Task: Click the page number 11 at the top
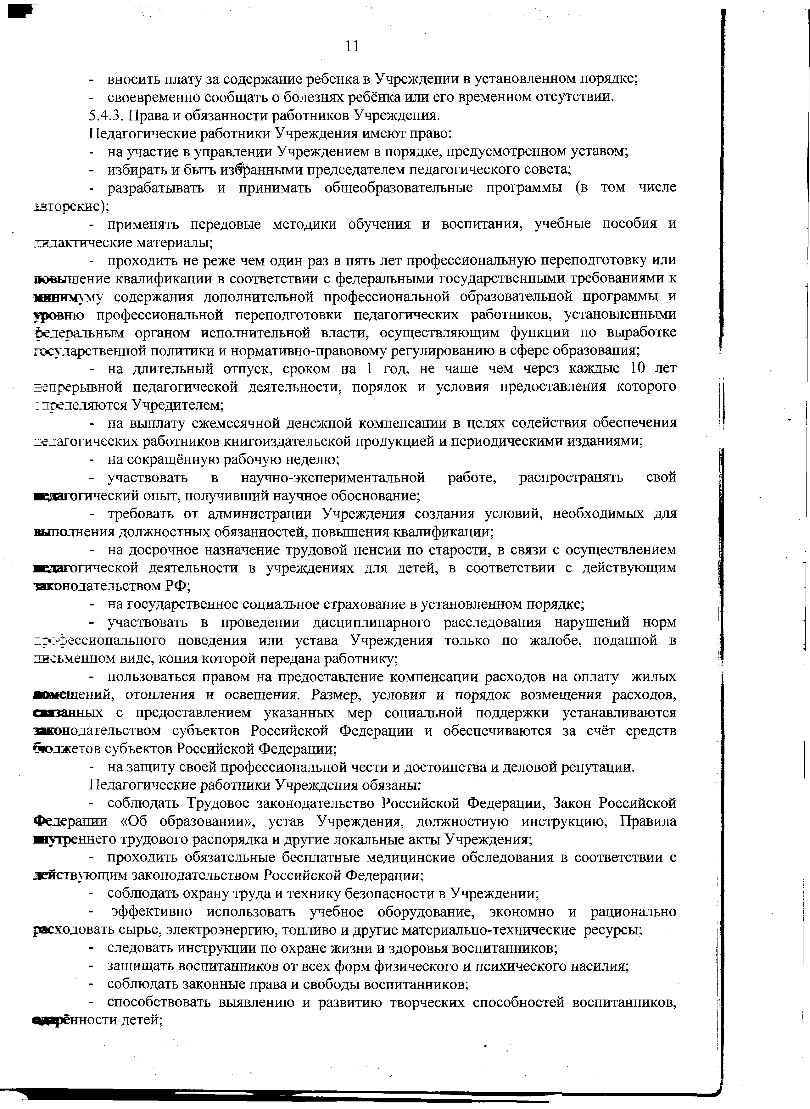pyautogui.click(x=352, y=46)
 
